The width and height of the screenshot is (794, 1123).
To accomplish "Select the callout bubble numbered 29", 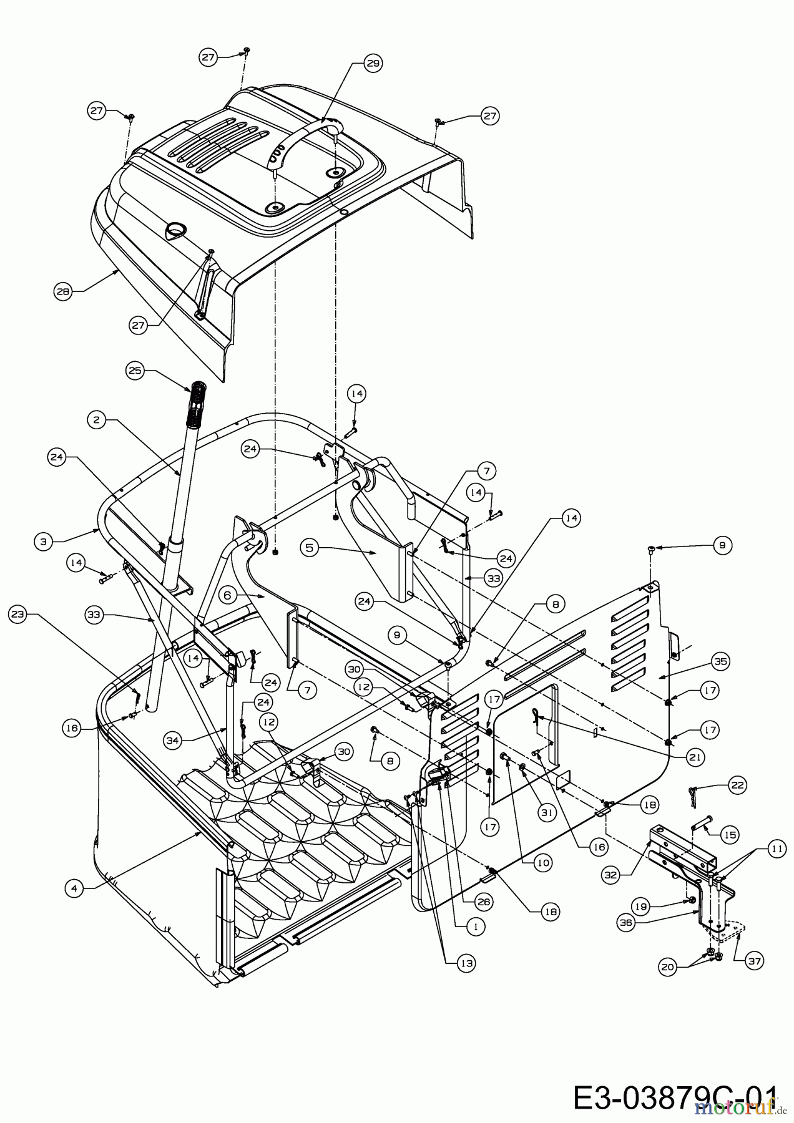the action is (373, 63).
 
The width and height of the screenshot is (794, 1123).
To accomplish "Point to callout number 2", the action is (96, 420).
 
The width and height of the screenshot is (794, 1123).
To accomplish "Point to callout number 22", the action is (737, 785).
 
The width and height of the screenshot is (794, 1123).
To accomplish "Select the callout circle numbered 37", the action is (755, 961).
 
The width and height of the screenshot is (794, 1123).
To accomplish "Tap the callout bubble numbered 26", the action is (484, 901).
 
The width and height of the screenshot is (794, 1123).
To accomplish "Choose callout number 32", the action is (610, 875).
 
